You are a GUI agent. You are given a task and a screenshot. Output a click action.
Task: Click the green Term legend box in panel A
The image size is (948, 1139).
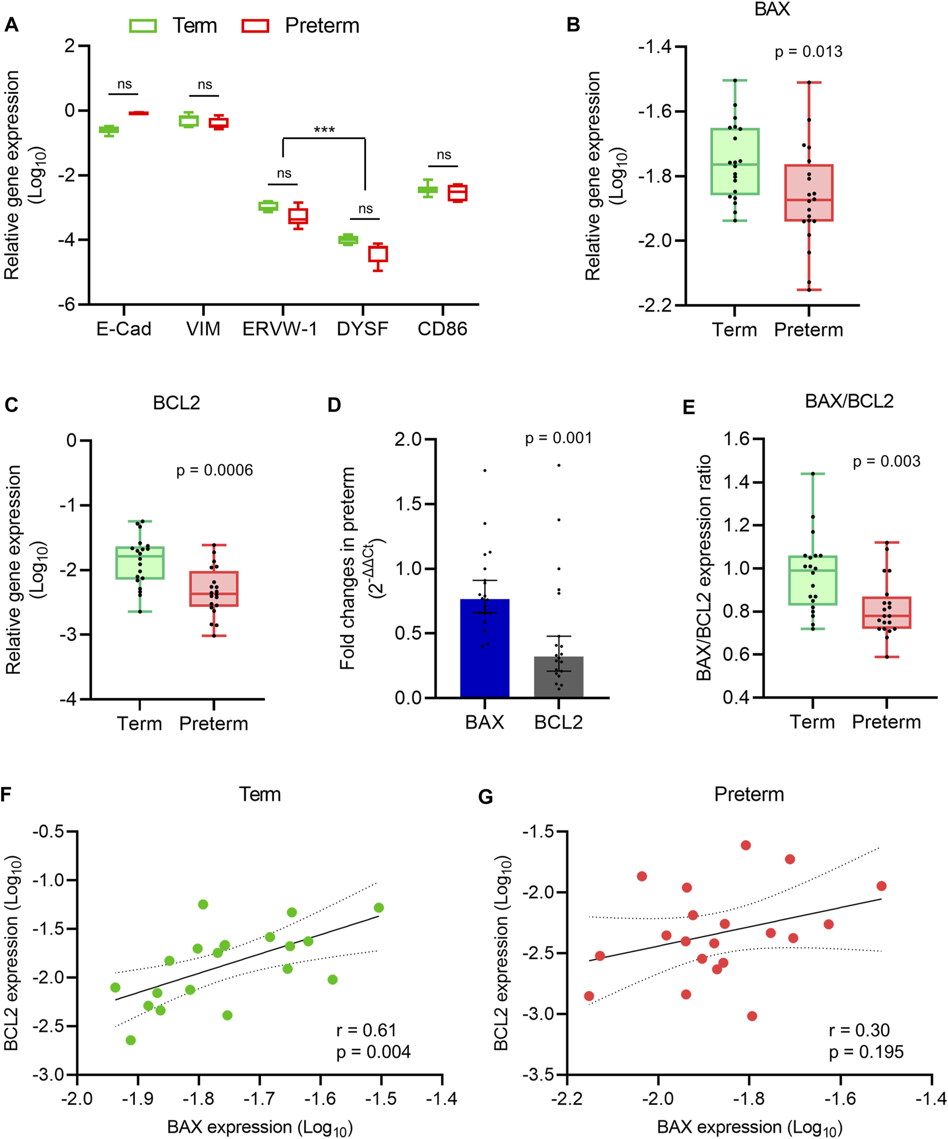[143, 26]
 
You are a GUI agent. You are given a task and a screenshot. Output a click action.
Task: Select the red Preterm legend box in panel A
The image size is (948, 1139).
[255, 26]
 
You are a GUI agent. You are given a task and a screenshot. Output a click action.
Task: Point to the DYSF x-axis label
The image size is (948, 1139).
[363, 329]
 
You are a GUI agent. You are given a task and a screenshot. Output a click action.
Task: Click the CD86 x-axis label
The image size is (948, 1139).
[442, 329]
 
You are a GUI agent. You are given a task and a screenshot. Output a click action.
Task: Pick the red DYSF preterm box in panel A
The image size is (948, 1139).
[378, 254]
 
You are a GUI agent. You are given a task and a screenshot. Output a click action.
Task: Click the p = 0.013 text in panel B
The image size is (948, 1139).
[808, 52]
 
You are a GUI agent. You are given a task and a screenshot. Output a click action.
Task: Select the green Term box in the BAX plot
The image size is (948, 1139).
[735, 161]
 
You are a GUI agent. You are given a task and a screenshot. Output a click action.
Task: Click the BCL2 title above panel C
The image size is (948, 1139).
[177, 403]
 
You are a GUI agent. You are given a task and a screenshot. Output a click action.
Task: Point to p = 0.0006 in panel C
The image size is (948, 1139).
[215, 470]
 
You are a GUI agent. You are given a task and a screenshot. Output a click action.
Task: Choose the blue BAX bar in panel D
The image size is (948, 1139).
[485, 648]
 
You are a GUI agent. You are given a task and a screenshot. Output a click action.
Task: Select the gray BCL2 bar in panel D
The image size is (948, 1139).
[559, 677]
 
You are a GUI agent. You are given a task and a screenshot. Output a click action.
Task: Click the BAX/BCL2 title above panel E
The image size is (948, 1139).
[848, 401]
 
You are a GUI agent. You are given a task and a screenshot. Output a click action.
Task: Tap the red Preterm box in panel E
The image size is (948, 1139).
[886, 613]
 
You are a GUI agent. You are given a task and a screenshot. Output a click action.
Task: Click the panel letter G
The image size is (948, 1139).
[486, 797]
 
